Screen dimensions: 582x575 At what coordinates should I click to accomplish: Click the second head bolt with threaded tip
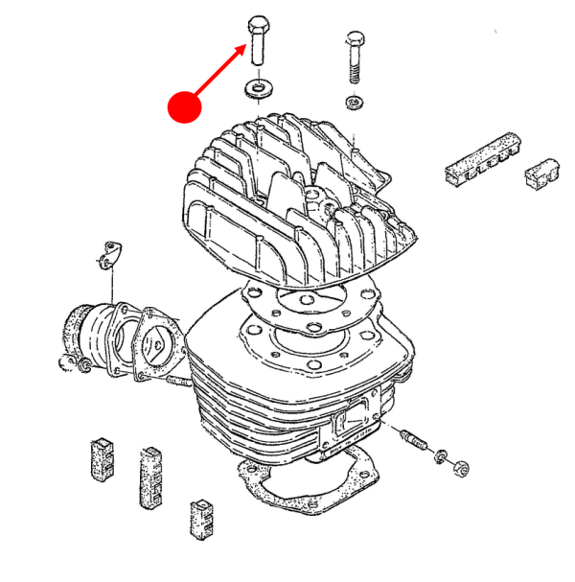(353, 58)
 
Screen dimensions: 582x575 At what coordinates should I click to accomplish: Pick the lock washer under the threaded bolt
(354, 102)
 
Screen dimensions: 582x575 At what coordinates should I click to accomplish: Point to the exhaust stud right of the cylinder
(414, 441)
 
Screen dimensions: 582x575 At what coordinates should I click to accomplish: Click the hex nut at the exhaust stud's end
(459, 467)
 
